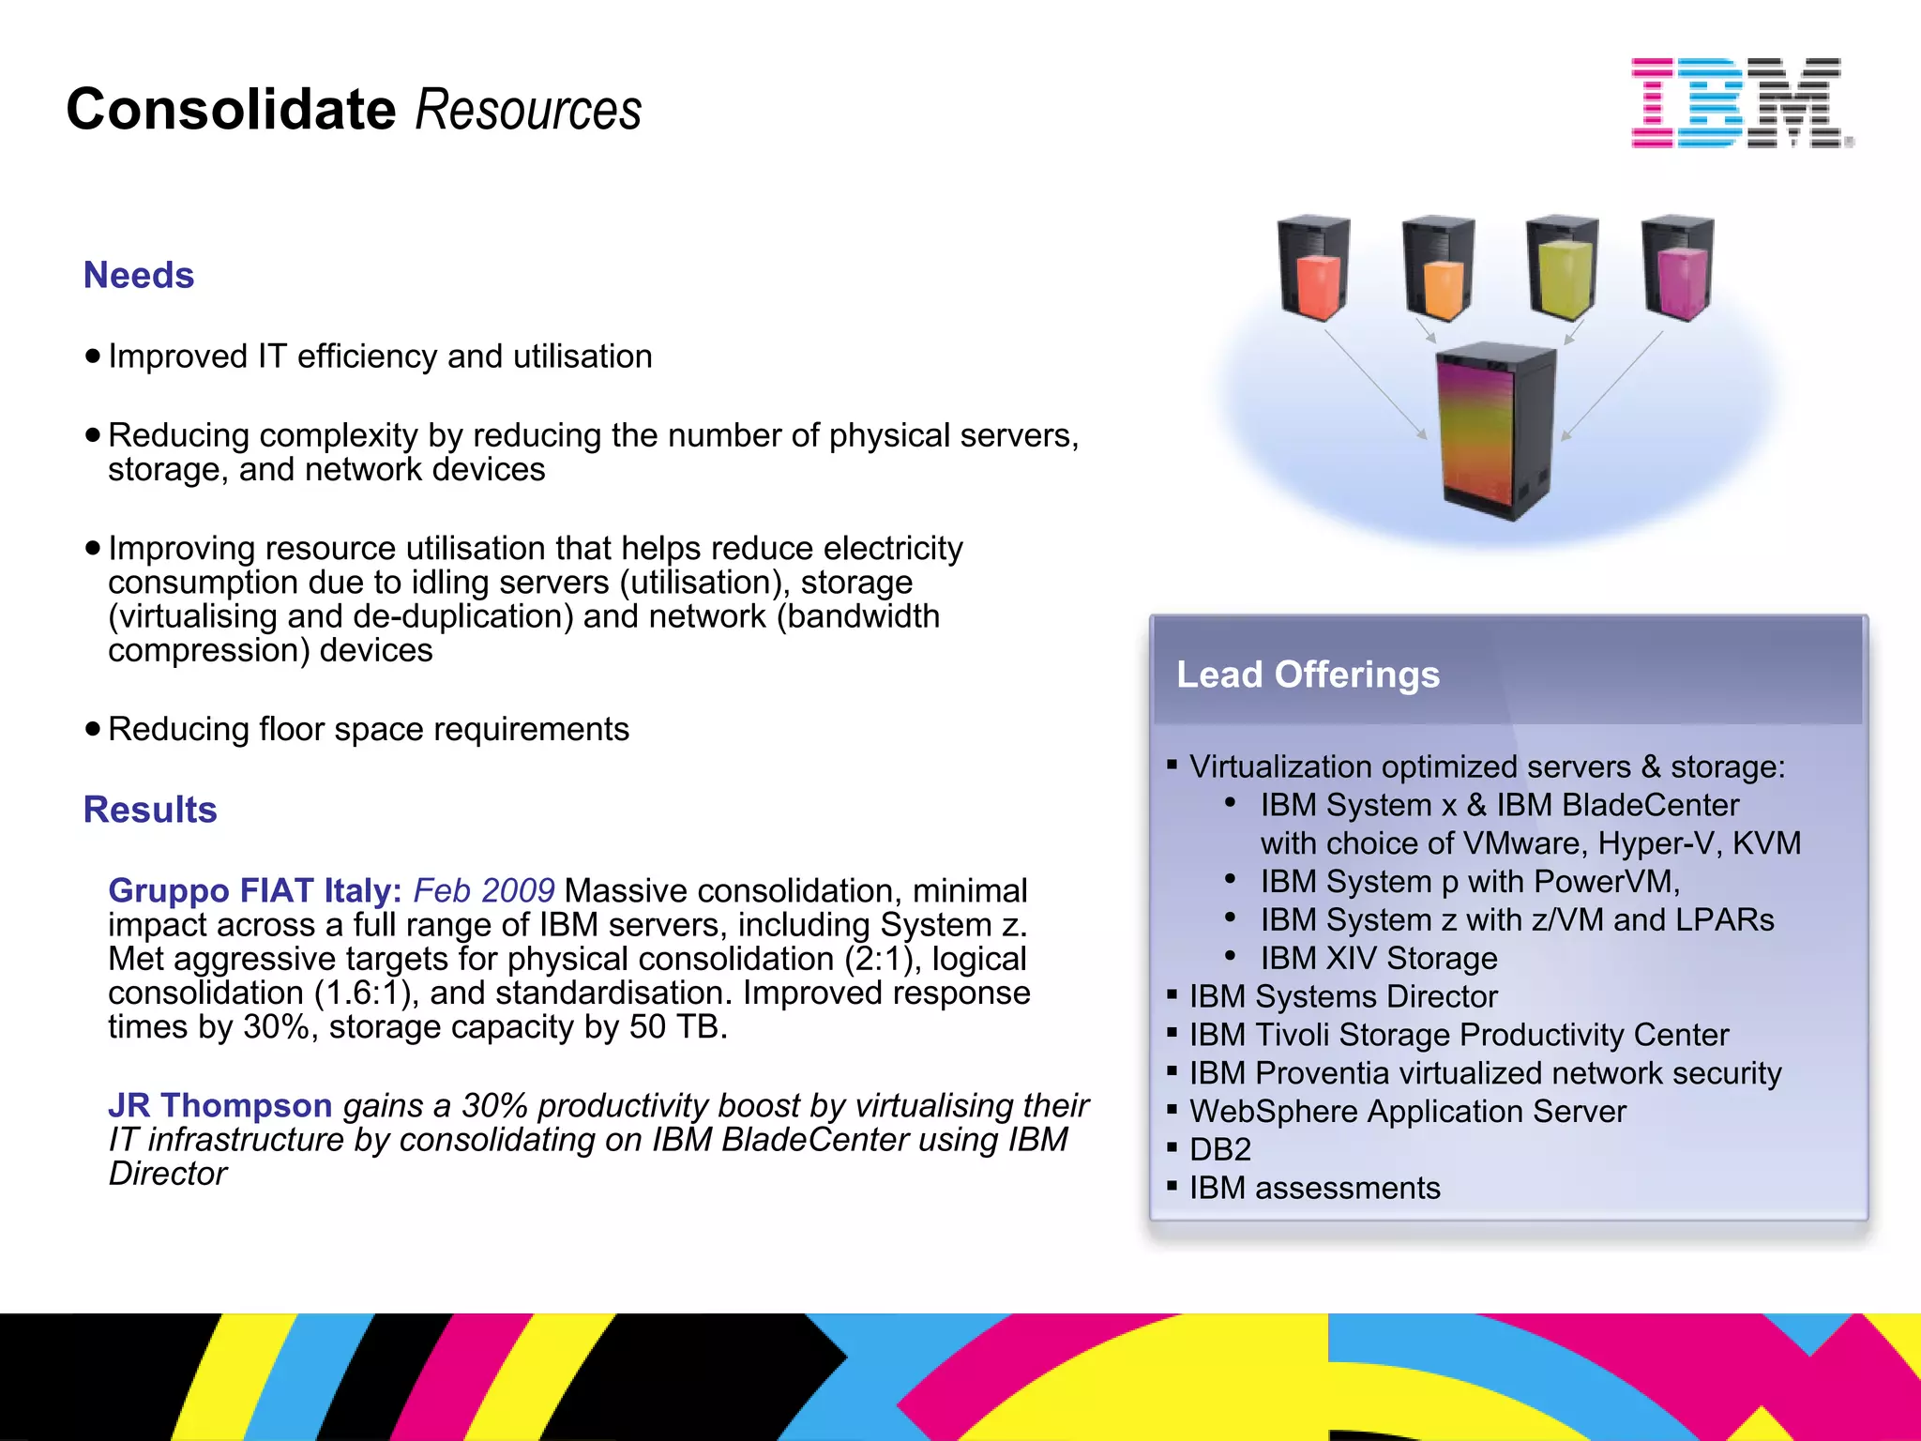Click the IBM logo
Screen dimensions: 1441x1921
pyautogui.click(x=1741, y=102)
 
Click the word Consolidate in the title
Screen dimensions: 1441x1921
pyautogui.click(x=232, y=110)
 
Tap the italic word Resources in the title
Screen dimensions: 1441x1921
pyautogui.click(x=528, y=110)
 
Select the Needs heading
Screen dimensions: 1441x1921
pyautogui.click(x=139, y=276)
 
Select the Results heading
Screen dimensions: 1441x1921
pyautogui.click(x=150, y=810)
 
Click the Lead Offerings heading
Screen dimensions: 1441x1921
pyautogui.click(x=1308, y=675)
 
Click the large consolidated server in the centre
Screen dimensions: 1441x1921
pyautogui.click(x=1496, y=432)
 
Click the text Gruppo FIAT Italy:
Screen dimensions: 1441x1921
pyautogui.click(x=255, y=890)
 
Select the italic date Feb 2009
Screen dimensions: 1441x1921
pyautogui.click(x=484, y=890)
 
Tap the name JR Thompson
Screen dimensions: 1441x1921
pyautogui.click(x=220, y=1105)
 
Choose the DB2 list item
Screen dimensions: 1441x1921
pyautogui.click(x=1220, y=1149)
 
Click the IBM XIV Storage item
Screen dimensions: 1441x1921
pyautogui.click(x=1379, y=958)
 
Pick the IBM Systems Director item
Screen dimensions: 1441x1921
pyautogui.click(x=1343, y=996)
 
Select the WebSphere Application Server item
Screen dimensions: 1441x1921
pyautogui.click(x=1408, y=1111)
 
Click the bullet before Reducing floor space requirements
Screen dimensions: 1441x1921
pyautogui.click(x=92, y=729)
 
